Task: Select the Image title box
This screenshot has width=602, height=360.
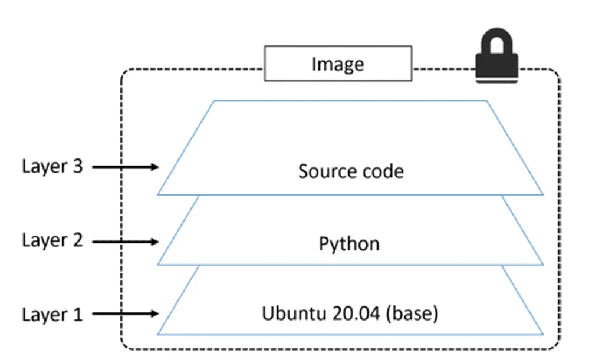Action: coord(338,64)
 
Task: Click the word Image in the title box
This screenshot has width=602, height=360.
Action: coord(338,64)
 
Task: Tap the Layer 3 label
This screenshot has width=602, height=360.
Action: coord(52,167)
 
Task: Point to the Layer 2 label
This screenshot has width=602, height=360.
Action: coord(52,240)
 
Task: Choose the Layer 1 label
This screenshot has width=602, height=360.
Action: coord(52,313)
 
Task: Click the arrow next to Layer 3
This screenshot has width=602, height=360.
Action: coord(125,167)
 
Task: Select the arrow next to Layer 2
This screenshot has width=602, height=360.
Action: coord(125,241)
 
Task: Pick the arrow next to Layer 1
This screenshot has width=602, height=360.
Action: coord(125,314)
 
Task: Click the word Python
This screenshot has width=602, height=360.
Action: coord(349,244)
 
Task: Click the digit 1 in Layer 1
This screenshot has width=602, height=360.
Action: coord(77,313)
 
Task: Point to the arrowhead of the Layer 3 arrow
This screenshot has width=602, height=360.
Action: coord(155,167)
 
